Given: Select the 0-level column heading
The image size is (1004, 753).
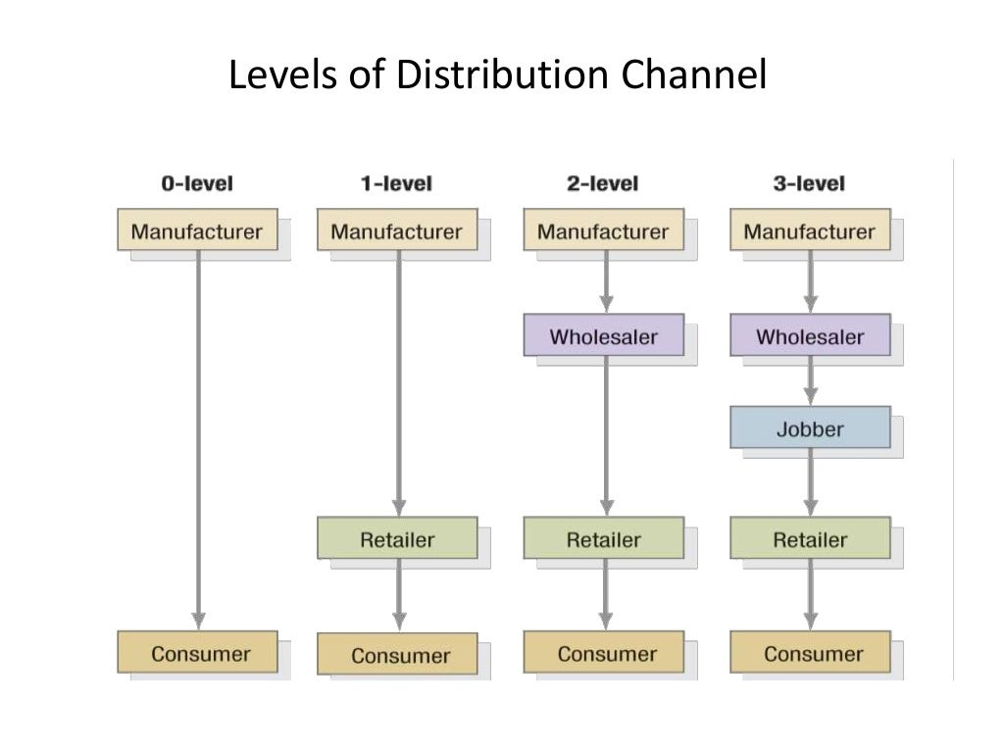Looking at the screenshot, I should click(197, 183).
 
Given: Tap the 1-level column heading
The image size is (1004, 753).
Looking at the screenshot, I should click(396, 183).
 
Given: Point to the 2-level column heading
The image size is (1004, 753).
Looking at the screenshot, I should click(602, 183).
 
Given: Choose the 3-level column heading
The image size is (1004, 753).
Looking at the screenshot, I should click(809, 183).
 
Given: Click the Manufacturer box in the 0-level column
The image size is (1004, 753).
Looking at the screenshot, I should click(197, 231).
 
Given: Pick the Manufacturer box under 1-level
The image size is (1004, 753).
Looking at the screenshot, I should click(396, 231).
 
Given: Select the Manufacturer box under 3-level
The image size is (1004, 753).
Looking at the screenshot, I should click(809, 231).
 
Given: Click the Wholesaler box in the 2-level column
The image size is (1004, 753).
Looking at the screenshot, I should click(603, 336).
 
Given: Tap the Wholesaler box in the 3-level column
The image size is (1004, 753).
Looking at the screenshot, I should click(810, 336).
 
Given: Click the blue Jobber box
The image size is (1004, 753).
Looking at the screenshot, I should click(810, 428).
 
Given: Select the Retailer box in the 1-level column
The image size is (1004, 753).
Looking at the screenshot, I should click(396, 539).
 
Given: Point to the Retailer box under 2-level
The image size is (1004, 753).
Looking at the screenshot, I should click(603, 539).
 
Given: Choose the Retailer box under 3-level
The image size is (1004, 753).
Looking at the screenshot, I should click(810, 539).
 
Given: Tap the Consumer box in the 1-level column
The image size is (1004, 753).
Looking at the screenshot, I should click(398, 654).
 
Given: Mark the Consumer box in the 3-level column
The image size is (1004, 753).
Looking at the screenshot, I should click(811, 653).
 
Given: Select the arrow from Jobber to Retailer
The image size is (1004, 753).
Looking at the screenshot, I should click(810, 482).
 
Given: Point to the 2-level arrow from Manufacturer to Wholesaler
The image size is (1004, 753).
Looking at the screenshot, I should click(606, 282).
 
